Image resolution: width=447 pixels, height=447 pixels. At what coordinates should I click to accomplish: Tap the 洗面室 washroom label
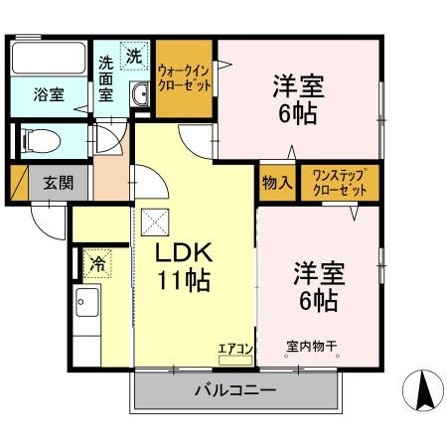point(106,79)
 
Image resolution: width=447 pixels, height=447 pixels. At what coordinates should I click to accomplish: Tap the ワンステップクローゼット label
point(340,183)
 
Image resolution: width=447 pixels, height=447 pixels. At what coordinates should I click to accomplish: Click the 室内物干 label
point(312,347)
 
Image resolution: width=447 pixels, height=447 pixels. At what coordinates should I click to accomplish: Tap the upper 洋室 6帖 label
point(298,99)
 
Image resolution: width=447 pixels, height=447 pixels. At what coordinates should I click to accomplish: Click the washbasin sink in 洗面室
point(140,95)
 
